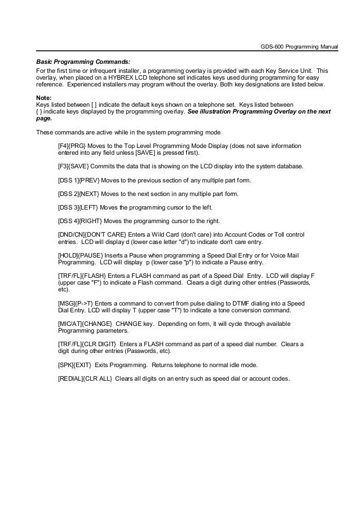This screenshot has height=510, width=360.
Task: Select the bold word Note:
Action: click(x=43, y=97)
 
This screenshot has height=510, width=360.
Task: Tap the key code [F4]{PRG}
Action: click(x=72, y=146)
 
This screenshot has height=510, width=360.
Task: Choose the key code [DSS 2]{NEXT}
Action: click(x=79, y=194)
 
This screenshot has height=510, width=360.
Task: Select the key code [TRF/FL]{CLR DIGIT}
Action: click(x=87, y=344)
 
